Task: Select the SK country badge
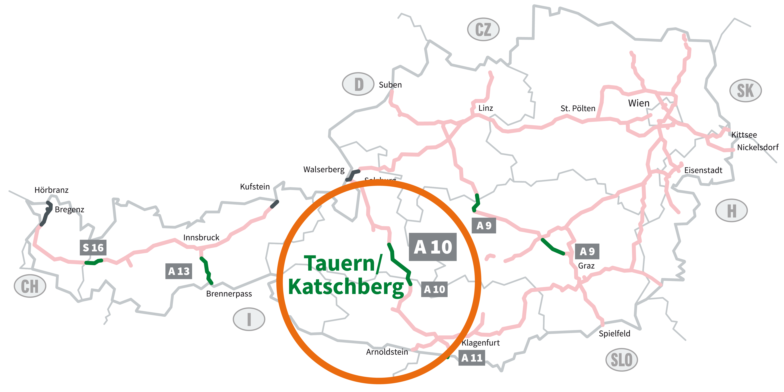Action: click(745, 90)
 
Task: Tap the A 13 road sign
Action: click(179, 271)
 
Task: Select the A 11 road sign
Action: click(472, 358)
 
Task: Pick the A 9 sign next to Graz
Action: click(587, 251)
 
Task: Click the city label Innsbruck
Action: click(201, 237)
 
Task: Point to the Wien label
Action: click(639, 103)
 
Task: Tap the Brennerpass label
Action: click(229, 294)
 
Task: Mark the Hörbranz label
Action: click(51, 190)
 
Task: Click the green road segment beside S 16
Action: click(94, 262)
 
